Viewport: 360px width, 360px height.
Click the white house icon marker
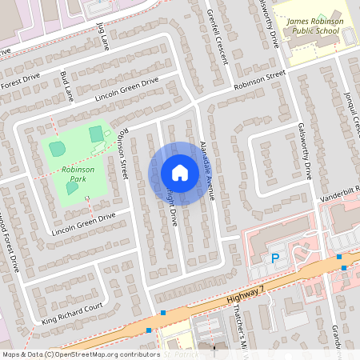point(180,172)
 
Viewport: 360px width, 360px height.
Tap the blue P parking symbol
point(275,258)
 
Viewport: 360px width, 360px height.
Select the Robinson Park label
point(77,174)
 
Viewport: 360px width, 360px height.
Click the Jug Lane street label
point(102,37)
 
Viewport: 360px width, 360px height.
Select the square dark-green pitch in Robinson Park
point(96,133)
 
